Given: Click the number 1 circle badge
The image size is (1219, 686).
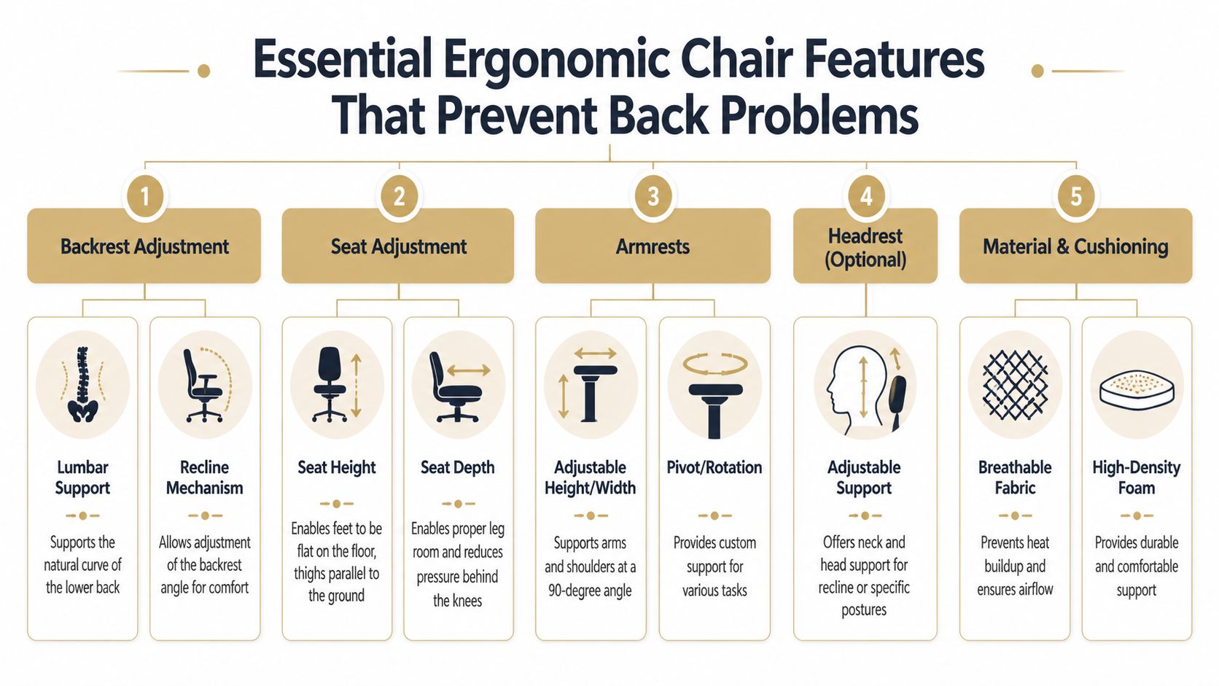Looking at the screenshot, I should [x=144, y=196].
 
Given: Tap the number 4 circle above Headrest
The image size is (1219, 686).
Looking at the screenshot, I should [x=865, y=196].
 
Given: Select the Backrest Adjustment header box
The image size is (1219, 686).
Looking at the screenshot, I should [x=144, y=246].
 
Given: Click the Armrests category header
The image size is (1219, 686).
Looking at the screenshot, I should [x=653, y=246].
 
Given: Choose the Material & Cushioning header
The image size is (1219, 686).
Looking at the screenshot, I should [x=1075, y=246].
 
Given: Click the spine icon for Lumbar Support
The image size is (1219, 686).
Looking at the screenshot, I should [x=82, y=384].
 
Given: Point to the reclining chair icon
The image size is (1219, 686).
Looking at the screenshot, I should [x=205, y=384].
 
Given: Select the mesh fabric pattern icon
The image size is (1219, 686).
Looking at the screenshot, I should [x=1015, y=384].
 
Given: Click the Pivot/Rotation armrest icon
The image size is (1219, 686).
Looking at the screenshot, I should [x=714, y=394].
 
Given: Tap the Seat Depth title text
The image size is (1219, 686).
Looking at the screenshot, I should [x=458, y=467].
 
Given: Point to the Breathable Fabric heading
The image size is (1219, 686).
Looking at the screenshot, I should [x=1015, y=478].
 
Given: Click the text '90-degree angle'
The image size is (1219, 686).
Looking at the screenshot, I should [x=590, y=590].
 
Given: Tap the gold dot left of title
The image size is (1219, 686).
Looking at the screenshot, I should [x=204, y=71].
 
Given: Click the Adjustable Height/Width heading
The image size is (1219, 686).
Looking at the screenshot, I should [x=590, y=478].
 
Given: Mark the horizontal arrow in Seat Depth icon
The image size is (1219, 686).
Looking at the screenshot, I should [x=469, y=370].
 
